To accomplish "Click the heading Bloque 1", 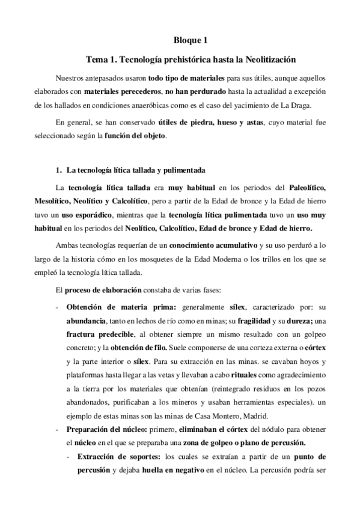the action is point(190,41).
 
